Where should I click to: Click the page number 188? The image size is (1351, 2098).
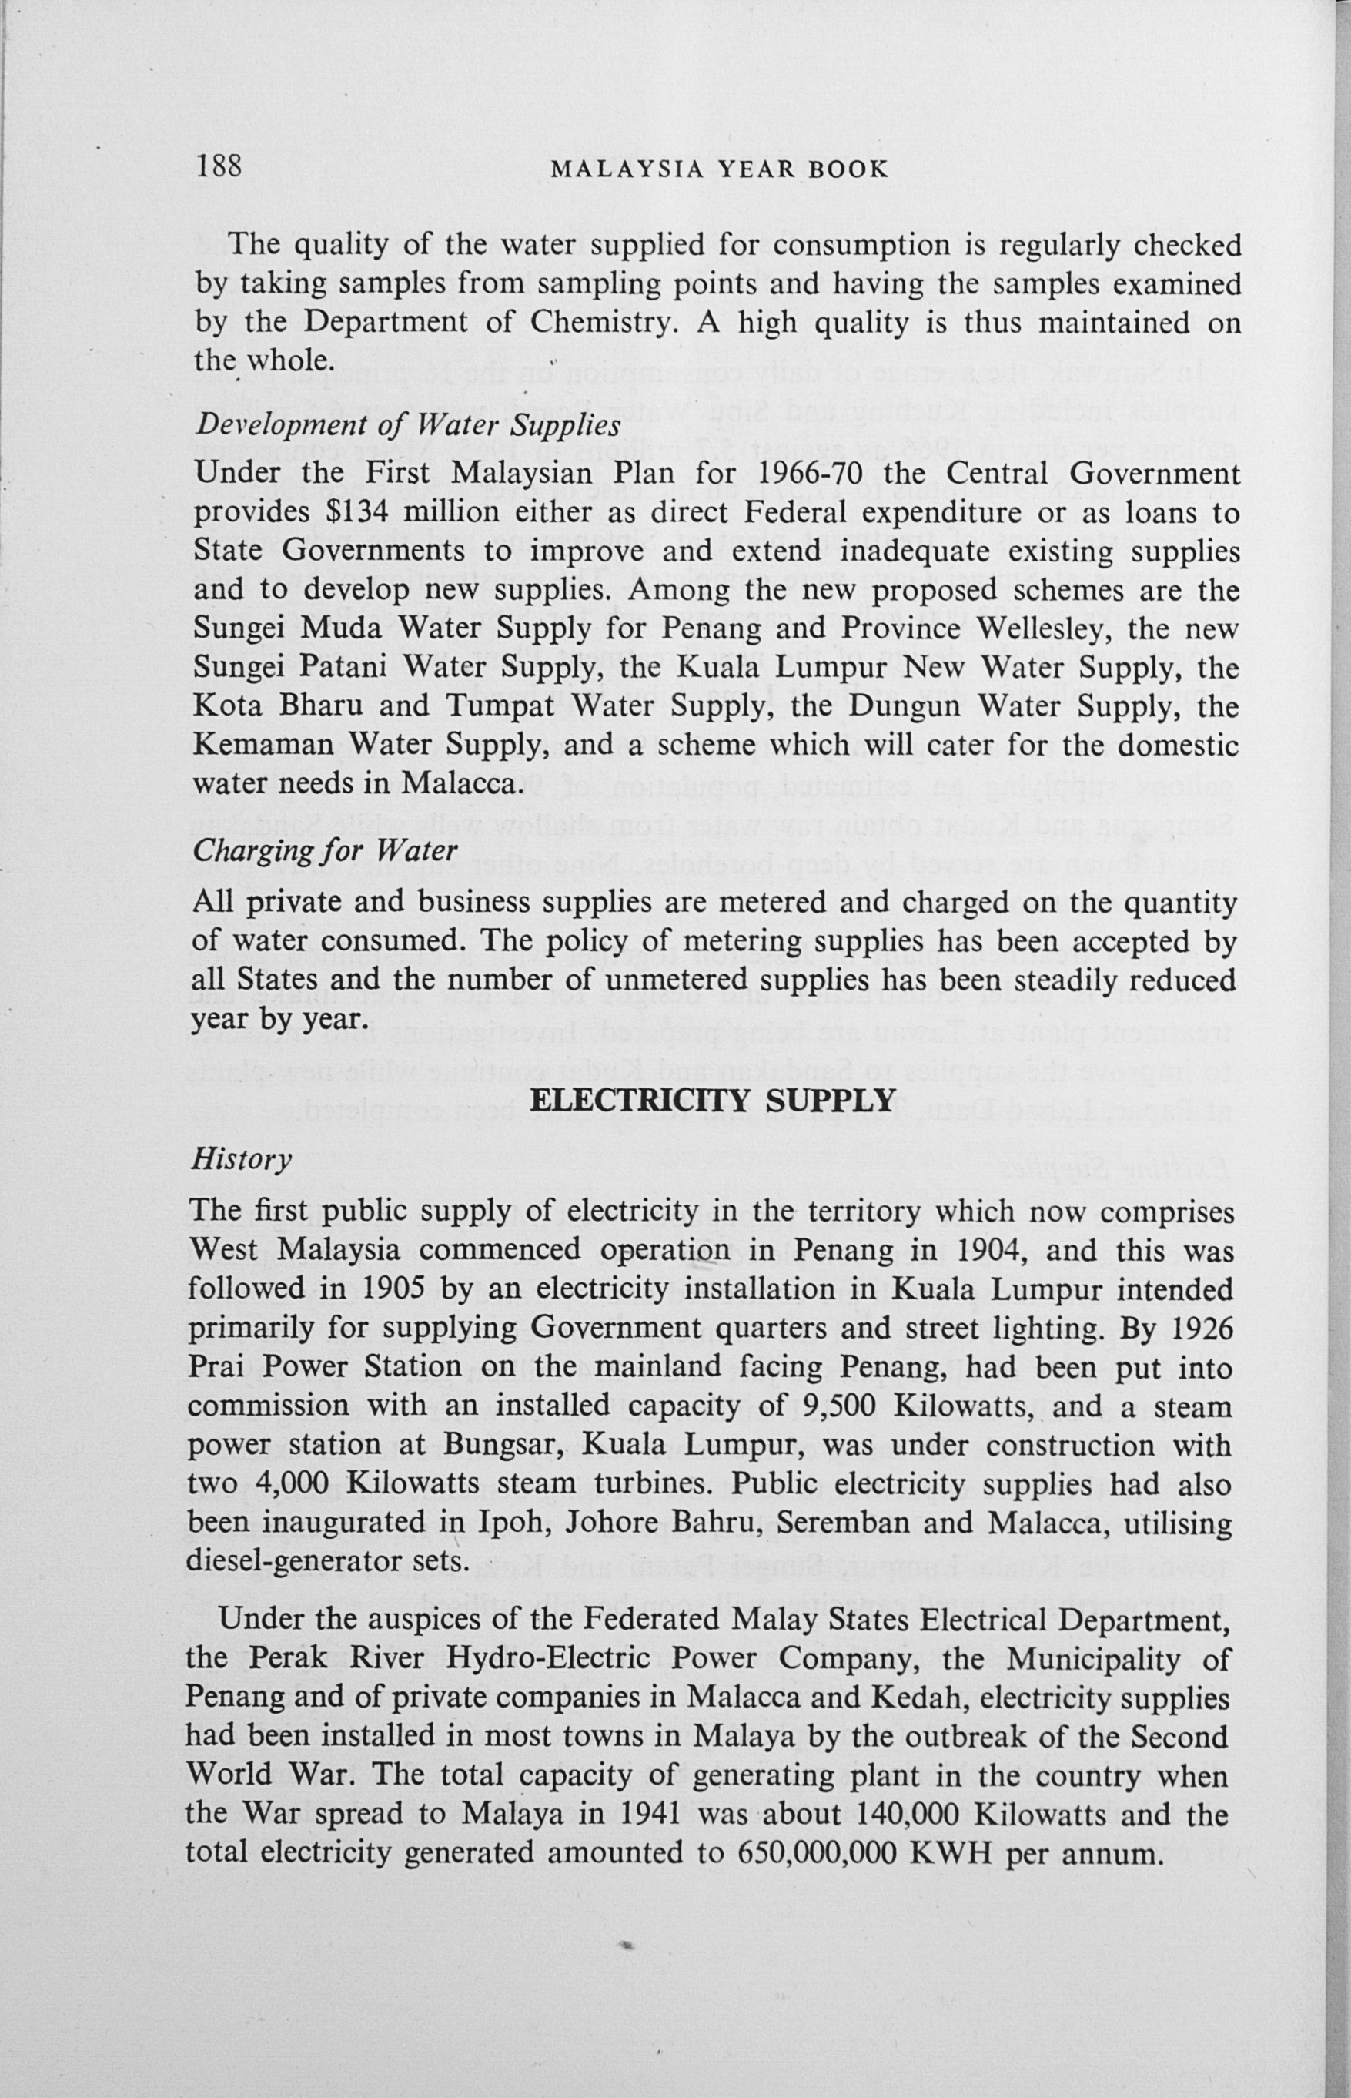point(219,165)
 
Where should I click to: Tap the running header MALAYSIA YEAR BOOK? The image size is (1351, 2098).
point(719,169)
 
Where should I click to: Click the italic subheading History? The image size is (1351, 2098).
point(241,1160)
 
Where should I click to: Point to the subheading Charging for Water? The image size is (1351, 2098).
point(325,850)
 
